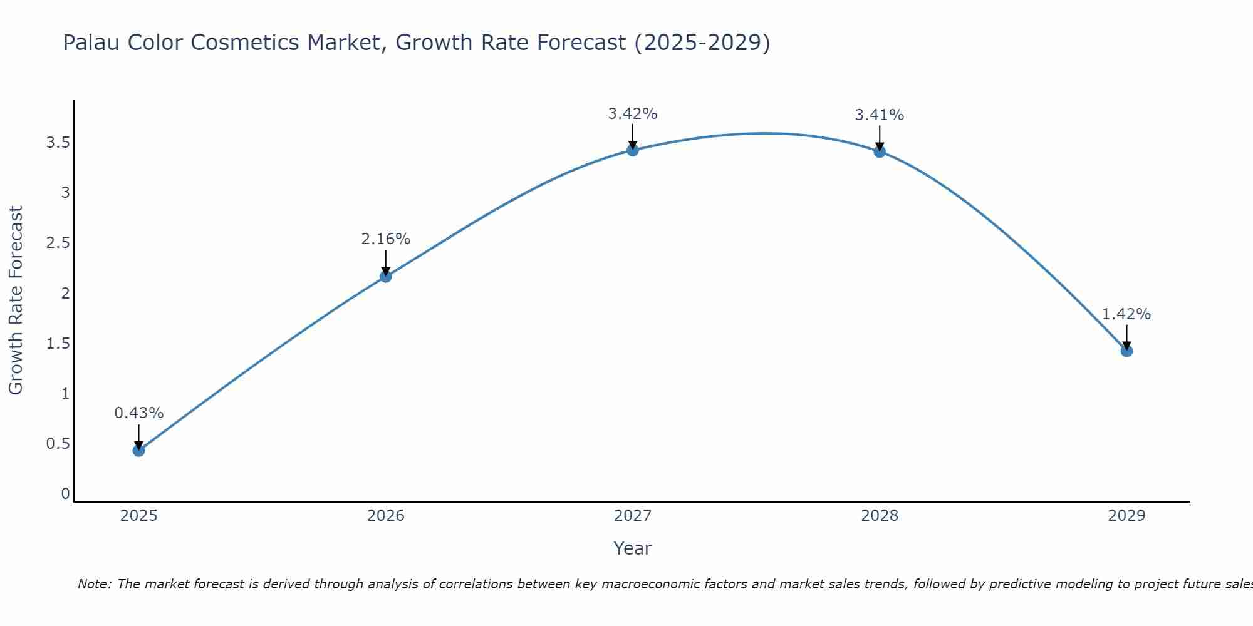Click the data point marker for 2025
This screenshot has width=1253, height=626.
(x=138, y=450)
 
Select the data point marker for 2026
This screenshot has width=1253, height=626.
(x=385, y=276)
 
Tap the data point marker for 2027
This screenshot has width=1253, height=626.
(x=632, y=150)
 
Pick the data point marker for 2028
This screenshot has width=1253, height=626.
(x=879, y=151)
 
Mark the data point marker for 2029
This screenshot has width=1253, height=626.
(x=1126, y=351)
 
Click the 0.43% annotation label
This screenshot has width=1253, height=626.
(x=138, y=413)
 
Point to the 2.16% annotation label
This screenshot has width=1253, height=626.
(x=385, y=239)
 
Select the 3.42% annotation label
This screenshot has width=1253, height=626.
(x=632, y=114)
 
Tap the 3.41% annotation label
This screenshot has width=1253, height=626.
(x=879, y=115)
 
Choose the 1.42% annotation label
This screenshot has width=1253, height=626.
(x=1126, y=314)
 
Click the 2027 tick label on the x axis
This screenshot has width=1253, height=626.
(x=632, y=516)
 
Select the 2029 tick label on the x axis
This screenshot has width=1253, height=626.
(x=1126, y=516)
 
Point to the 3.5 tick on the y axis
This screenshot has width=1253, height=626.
(x=58, y=143)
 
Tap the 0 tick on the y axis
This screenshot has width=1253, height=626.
(x=65, y=494)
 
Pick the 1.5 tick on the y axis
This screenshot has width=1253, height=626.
(x=58, y=343)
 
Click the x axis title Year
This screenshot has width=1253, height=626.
(x=632, y=548)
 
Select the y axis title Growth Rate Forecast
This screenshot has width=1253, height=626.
(x=16, y=300)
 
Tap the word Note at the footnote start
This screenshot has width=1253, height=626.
(x=94, y=584)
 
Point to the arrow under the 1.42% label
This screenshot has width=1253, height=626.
(x=1126, y=337)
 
